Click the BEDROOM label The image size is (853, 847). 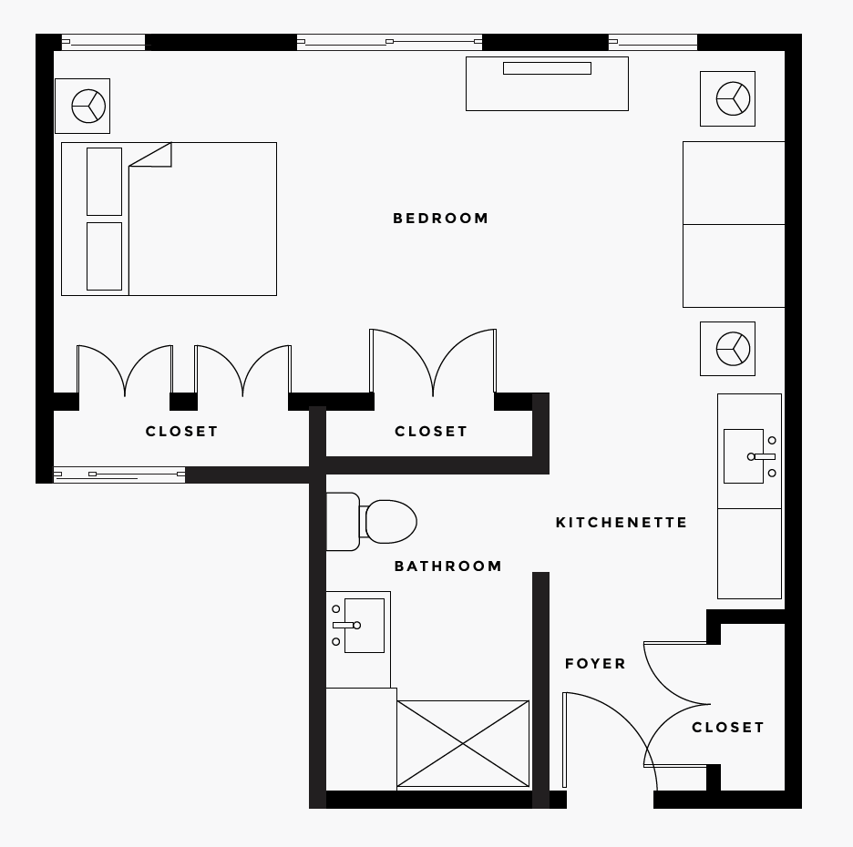[x=441, y=219]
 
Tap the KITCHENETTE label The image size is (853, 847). [x=622, y=523]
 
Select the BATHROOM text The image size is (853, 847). [x=447, y=566]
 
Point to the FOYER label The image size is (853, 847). [x=595, y=664]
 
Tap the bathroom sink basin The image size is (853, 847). [x=364, y=625]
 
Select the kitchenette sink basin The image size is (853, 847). [x=743, y=456]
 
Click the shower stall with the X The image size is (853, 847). [x=463, y=744]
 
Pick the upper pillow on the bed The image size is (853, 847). [x=105, y=181]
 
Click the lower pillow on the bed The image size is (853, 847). [x=105, y=256]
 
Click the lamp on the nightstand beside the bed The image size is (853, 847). [x=88, y=106]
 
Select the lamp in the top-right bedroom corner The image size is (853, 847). [x=733, y=98]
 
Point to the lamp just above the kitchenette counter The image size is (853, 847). [x=733, y=349]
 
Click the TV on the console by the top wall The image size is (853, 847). [x=547, y=68]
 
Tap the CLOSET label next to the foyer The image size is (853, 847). [x=728, y=728]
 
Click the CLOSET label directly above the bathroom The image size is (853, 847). [x=431, y=432]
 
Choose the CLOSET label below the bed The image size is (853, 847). [x=181, y=432]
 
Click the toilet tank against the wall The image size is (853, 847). [x=343, y=522]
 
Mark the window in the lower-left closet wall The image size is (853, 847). [x=119, y=475]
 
